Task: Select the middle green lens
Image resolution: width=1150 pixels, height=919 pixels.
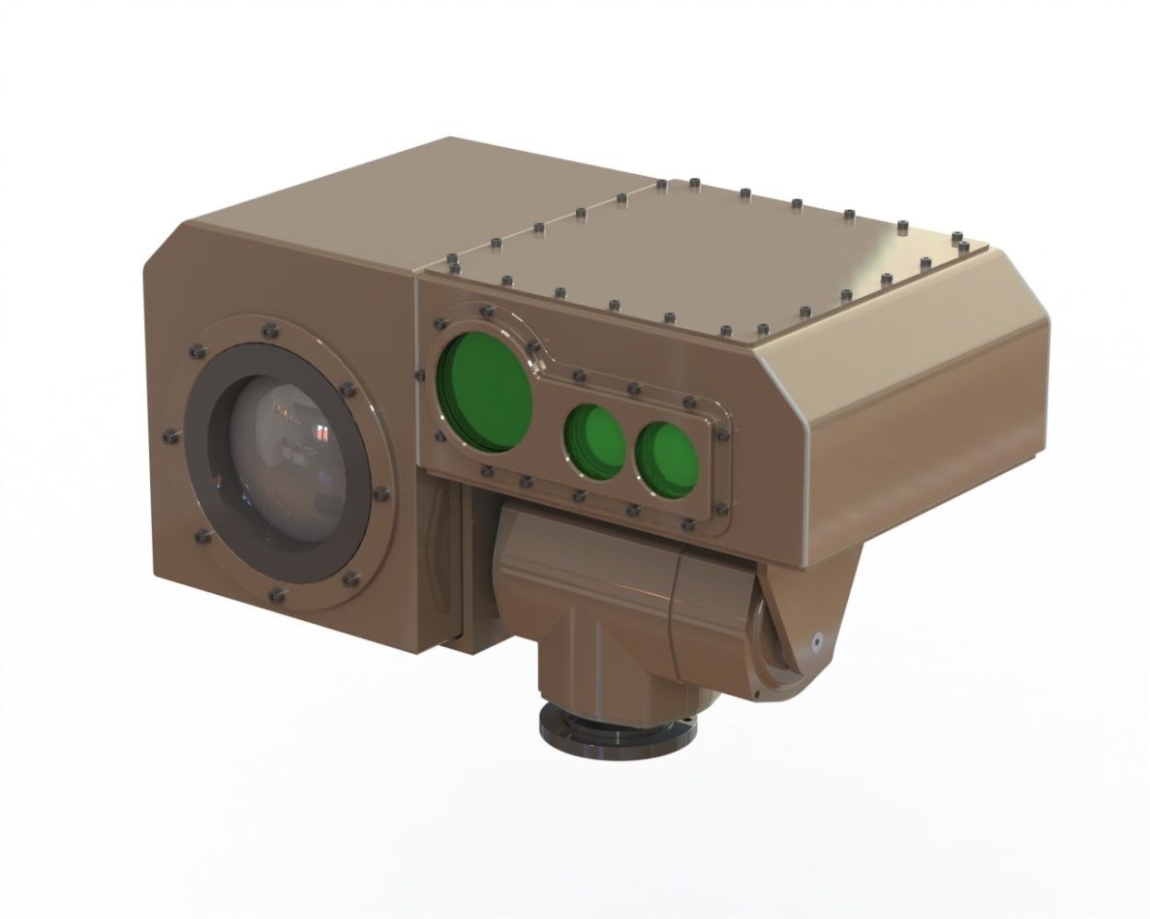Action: coord(594,438)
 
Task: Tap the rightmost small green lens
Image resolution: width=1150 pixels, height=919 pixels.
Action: coord(667,453)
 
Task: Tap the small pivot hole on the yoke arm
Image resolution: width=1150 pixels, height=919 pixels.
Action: coord(817,639)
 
